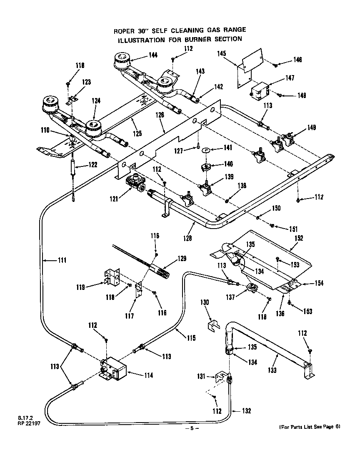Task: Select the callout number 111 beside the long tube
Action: (62, 261)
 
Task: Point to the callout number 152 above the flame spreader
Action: (298, 238)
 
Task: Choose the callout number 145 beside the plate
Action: (222, 53)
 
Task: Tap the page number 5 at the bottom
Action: (192, 428)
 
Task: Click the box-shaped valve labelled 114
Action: (115, 369)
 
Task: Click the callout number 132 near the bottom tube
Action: (246, 411)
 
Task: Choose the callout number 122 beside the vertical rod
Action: (92, 165)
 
